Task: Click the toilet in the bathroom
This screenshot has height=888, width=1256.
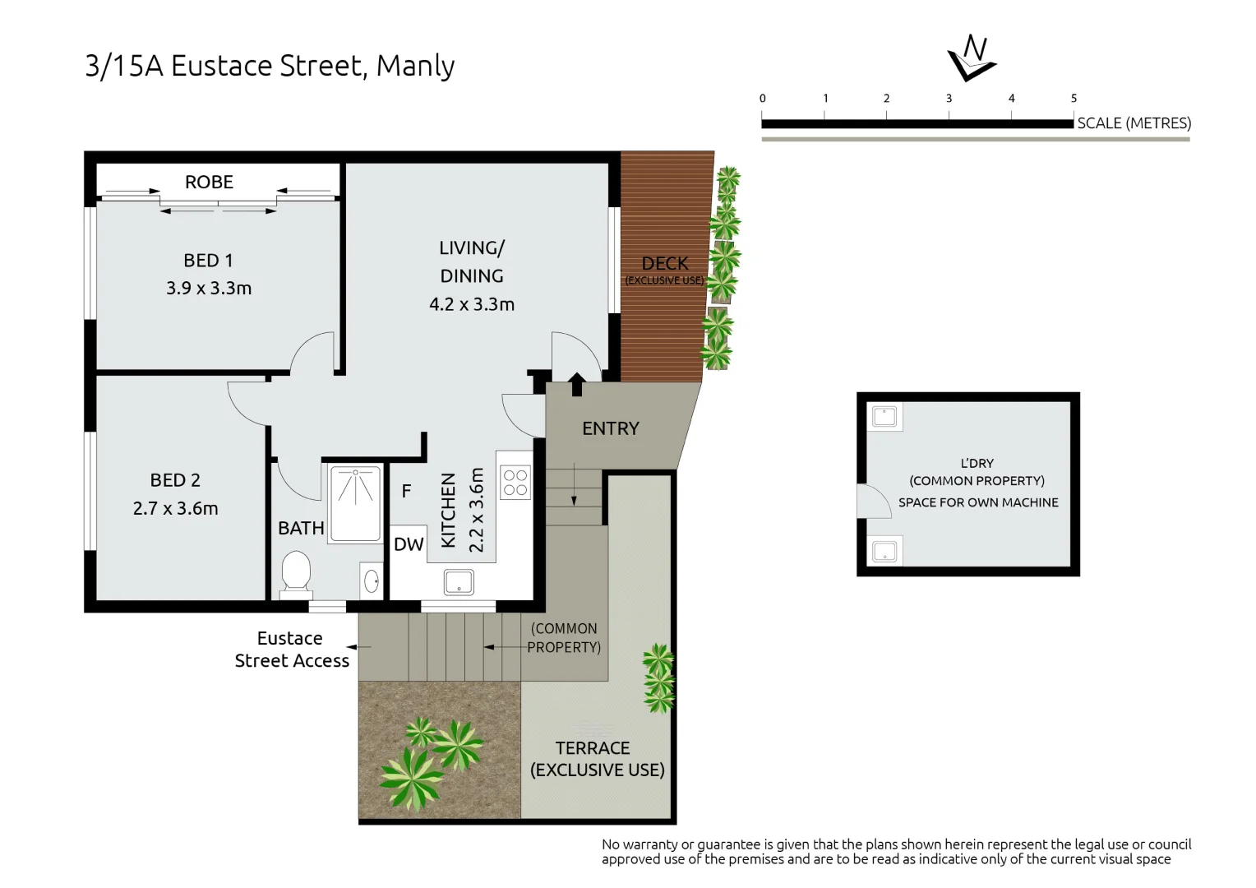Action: click(x=296, y=571)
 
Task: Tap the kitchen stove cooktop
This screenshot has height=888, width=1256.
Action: click(x=515, y=483)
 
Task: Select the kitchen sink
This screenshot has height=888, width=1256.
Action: click(x=459, y=582)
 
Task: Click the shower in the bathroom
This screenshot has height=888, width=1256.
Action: click(x=355, y=503)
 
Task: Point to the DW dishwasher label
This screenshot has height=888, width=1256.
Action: click(x=409, y=544)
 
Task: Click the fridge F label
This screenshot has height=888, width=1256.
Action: click(x=406, y=492)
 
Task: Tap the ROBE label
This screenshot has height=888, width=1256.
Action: click(x=209, y=182)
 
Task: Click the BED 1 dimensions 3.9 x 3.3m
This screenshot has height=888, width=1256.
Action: click(x=209, y=288)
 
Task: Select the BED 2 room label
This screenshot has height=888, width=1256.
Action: click(x=175, y=480)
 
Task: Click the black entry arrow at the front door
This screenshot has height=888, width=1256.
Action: click(x=576, y=384)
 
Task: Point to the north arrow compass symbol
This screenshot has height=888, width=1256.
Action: click(x=972, y=58)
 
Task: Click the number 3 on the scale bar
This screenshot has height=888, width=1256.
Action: click(x=949, y=99)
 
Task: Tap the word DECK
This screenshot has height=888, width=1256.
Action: click(x=664, y=263)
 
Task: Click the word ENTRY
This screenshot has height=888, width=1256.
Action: click(x=610, y=428)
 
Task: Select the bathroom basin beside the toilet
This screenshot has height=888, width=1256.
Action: click(x=372, y=581)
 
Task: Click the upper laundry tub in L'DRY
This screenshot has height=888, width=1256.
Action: click(x=884, y=416)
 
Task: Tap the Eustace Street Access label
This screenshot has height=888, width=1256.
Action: click(x=292, y=650)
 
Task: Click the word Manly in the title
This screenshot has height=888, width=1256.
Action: click(x=415, y=66)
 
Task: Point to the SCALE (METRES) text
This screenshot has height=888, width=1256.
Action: click(x=1134, y=123)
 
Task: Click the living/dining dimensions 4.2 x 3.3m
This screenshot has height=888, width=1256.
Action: click(x=472, y=304)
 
